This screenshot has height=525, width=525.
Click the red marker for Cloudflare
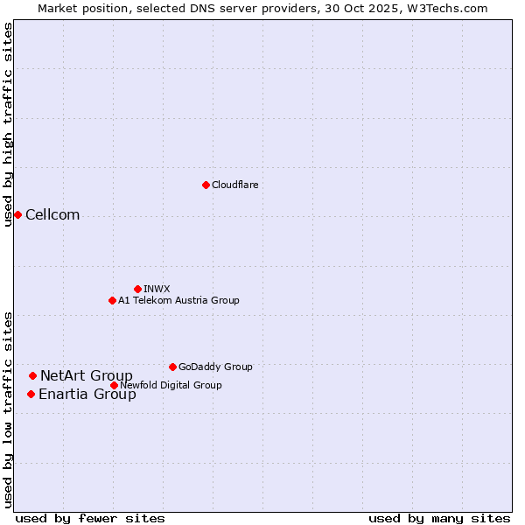(x=206, y=185)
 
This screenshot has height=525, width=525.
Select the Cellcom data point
(x=17, y=214)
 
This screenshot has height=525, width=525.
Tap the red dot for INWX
(x=137, y=289)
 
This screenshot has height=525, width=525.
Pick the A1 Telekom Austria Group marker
(x=112, y=300)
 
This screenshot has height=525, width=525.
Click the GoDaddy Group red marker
(x=172, y=367)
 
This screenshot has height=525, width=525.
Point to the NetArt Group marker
(x=32, y=375)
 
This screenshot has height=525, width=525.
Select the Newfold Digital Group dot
(x=114, y=385)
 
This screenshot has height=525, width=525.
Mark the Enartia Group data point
(x=31, y=394)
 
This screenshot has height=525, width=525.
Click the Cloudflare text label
(x=234, y=185)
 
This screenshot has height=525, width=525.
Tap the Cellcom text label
(x=52, y=215)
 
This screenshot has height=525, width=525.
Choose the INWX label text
(x=157, y=289)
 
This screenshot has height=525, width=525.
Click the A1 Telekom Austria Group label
(x=178, y=300)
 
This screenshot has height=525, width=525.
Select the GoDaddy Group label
(x=215, y=367)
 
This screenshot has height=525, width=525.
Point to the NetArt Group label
(x=87, y=376)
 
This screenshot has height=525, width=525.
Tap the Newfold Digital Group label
(x=171, y=385)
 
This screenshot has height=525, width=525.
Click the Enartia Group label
(x=87, y=395)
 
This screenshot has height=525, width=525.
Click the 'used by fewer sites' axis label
(x=90, y=518)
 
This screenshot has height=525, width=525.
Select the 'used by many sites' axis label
(x=439, y=518)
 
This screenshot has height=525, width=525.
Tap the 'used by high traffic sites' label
(x=9, y=124)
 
